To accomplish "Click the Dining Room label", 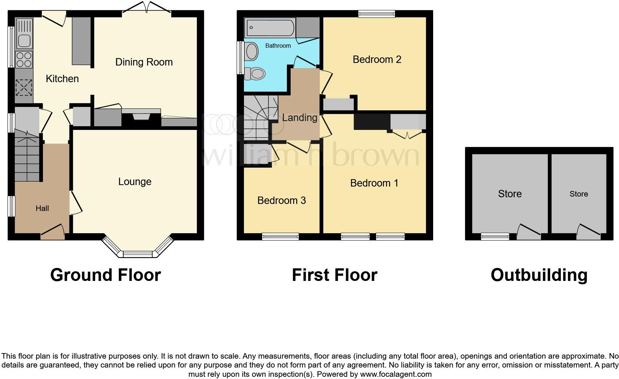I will pyautogui.click(x=144, y=62).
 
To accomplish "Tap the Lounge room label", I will pyautogui.click(x=135, y=181).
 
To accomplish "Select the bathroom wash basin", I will pyautogui.click(x=252, y=51).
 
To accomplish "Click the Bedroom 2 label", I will pyautogui.click(x=377, y=59).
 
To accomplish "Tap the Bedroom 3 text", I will pyautogui.click(x=281, y=200).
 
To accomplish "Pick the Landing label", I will pyautogui.click(x=300, y=118).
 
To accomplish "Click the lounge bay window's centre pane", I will pyautogui.click(x=138, y=254).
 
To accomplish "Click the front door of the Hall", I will pyautogui.click(x=53, y=233).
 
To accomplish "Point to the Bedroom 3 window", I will pyautogui.click(x=280, y=237).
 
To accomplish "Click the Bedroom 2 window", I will pyautogui.click(x=377, y=14).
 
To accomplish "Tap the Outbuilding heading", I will pyautogui.click(x=539, y=275).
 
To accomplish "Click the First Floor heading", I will pyautogui.click(x=334, y=275).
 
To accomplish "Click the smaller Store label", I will pyautogui.click(x=578, y=194).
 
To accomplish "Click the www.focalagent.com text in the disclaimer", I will pyautogui.click(x=395, y=374).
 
